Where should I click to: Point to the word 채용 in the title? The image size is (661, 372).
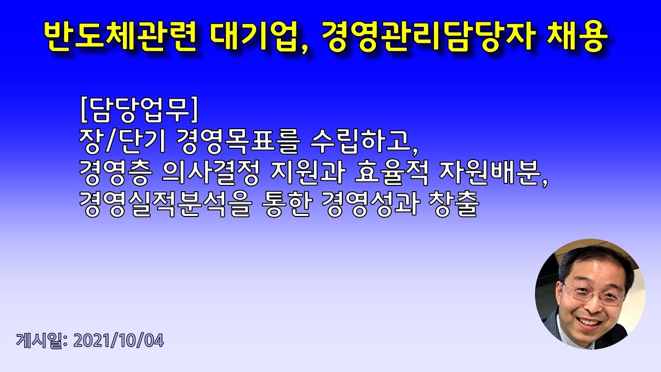(580, 37)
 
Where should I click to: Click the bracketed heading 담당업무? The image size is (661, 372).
(139, 109)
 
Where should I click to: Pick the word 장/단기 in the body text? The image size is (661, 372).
(122, 141)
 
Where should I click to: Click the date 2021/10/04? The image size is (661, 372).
(118, 341)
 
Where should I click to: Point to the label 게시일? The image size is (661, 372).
(39, 341)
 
